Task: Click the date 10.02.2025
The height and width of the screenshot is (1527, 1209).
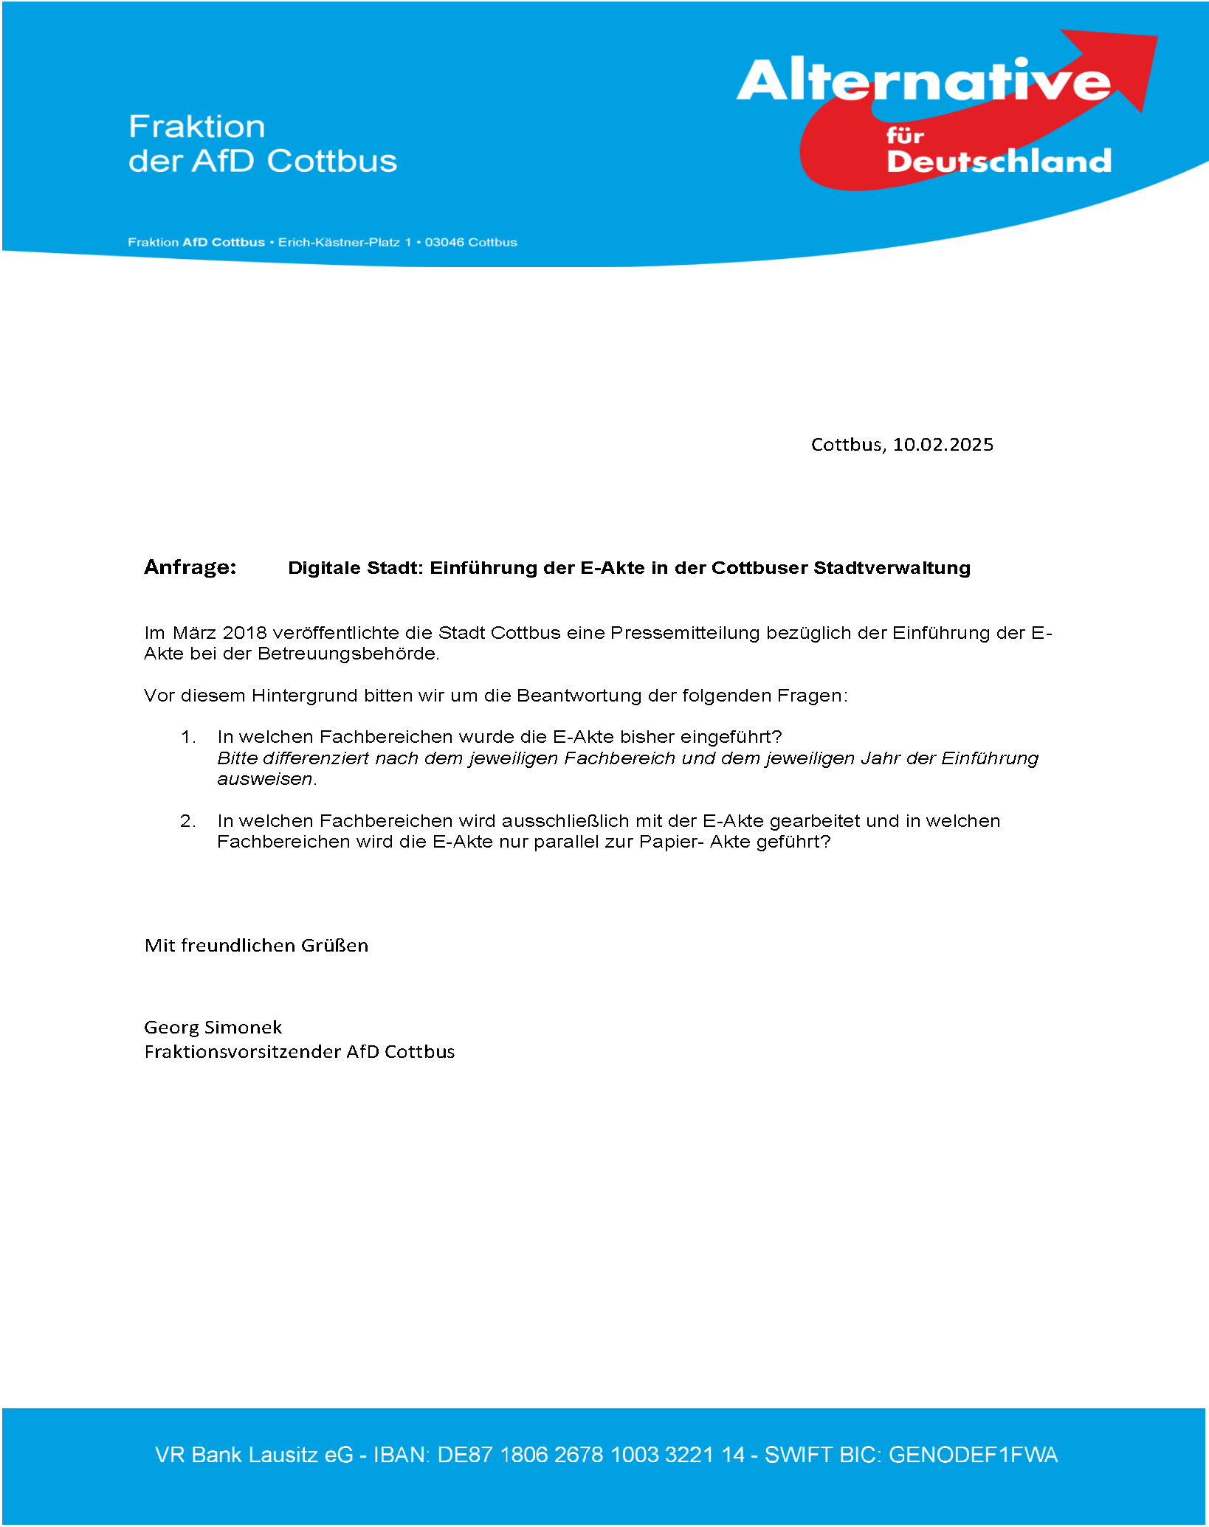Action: coord(943,445)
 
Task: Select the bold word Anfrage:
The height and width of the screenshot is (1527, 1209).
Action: coord(190,567)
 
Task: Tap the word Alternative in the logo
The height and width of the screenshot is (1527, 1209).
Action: coord(923,81)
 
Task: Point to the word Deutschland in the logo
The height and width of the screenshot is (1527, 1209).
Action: coord(999,161)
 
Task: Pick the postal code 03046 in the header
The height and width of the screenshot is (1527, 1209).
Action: coord(445,243)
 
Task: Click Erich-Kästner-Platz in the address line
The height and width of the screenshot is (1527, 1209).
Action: coord(339,243)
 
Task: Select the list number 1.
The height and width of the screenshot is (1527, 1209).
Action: coord(188,737)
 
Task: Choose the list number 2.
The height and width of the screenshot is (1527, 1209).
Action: coord(188,821)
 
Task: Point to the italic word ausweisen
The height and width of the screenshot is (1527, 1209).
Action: coord(265,780)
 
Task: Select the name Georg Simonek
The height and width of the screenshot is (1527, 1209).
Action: coord(213,1028)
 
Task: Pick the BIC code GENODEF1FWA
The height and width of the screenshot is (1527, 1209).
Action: coord(973,1455)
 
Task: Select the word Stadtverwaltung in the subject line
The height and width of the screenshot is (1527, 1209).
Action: coord(892,568)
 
